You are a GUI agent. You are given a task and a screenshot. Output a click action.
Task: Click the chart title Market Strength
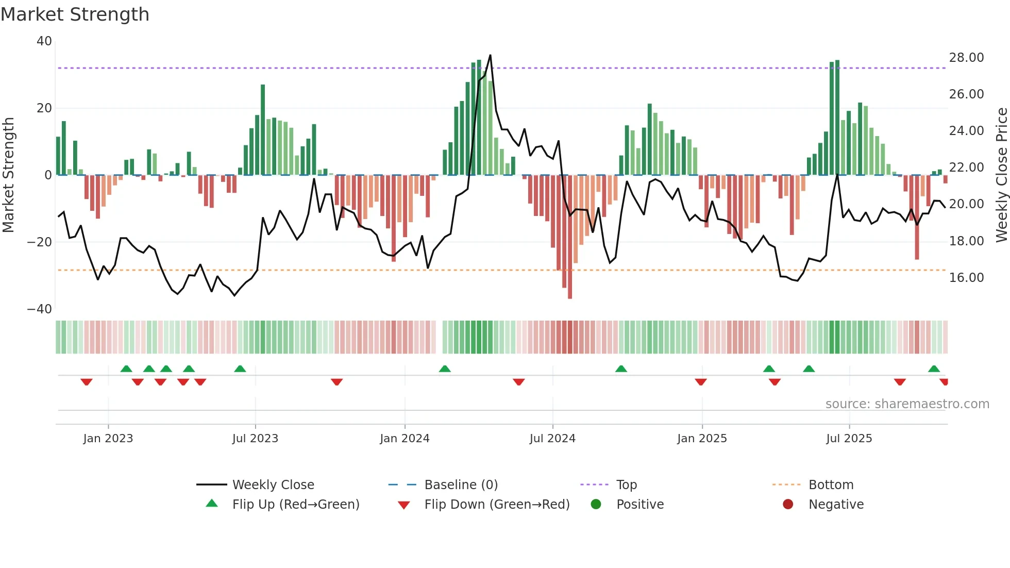(x=75, y=14)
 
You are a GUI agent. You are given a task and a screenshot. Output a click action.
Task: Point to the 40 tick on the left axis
(x=44, y=41)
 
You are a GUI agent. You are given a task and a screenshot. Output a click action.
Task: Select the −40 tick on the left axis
(x=40, y=309)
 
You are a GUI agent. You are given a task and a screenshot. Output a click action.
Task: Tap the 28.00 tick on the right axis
(x=966, y=58)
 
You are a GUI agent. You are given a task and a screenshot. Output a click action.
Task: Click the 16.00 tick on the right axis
(x=966, y=278)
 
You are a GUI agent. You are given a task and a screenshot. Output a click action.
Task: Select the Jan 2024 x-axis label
(x=405, y=439)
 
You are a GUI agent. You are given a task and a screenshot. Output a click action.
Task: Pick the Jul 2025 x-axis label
(x=849, y=439)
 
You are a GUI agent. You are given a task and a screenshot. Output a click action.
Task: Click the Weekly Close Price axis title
(x=1001, y=175)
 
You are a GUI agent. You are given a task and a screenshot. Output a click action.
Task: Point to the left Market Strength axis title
(x=9, y=175)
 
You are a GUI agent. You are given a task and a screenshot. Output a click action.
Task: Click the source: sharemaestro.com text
(x=907, y=404)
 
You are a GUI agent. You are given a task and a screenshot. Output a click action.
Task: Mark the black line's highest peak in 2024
(x=490, y=55)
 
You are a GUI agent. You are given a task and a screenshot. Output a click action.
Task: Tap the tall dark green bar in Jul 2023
(x=263, y=129)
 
